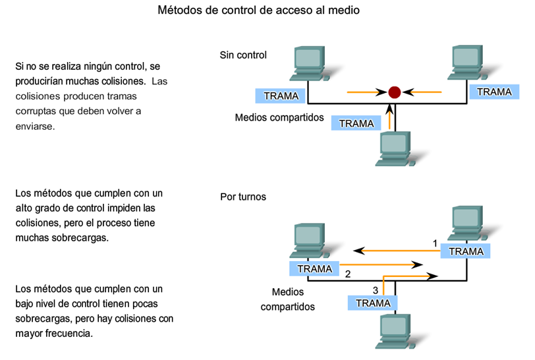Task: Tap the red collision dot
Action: [394, 92]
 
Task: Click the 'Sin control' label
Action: [243, 55]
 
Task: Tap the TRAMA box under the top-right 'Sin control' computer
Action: [493, 92]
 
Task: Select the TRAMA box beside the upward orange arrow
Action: [356, 123]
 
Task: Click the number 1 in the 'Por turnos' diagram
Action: [435, 243]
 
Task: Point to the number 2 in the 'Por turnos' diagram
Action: [347, 273]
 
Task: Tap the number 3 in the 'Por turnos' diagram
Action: [376, 289]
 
